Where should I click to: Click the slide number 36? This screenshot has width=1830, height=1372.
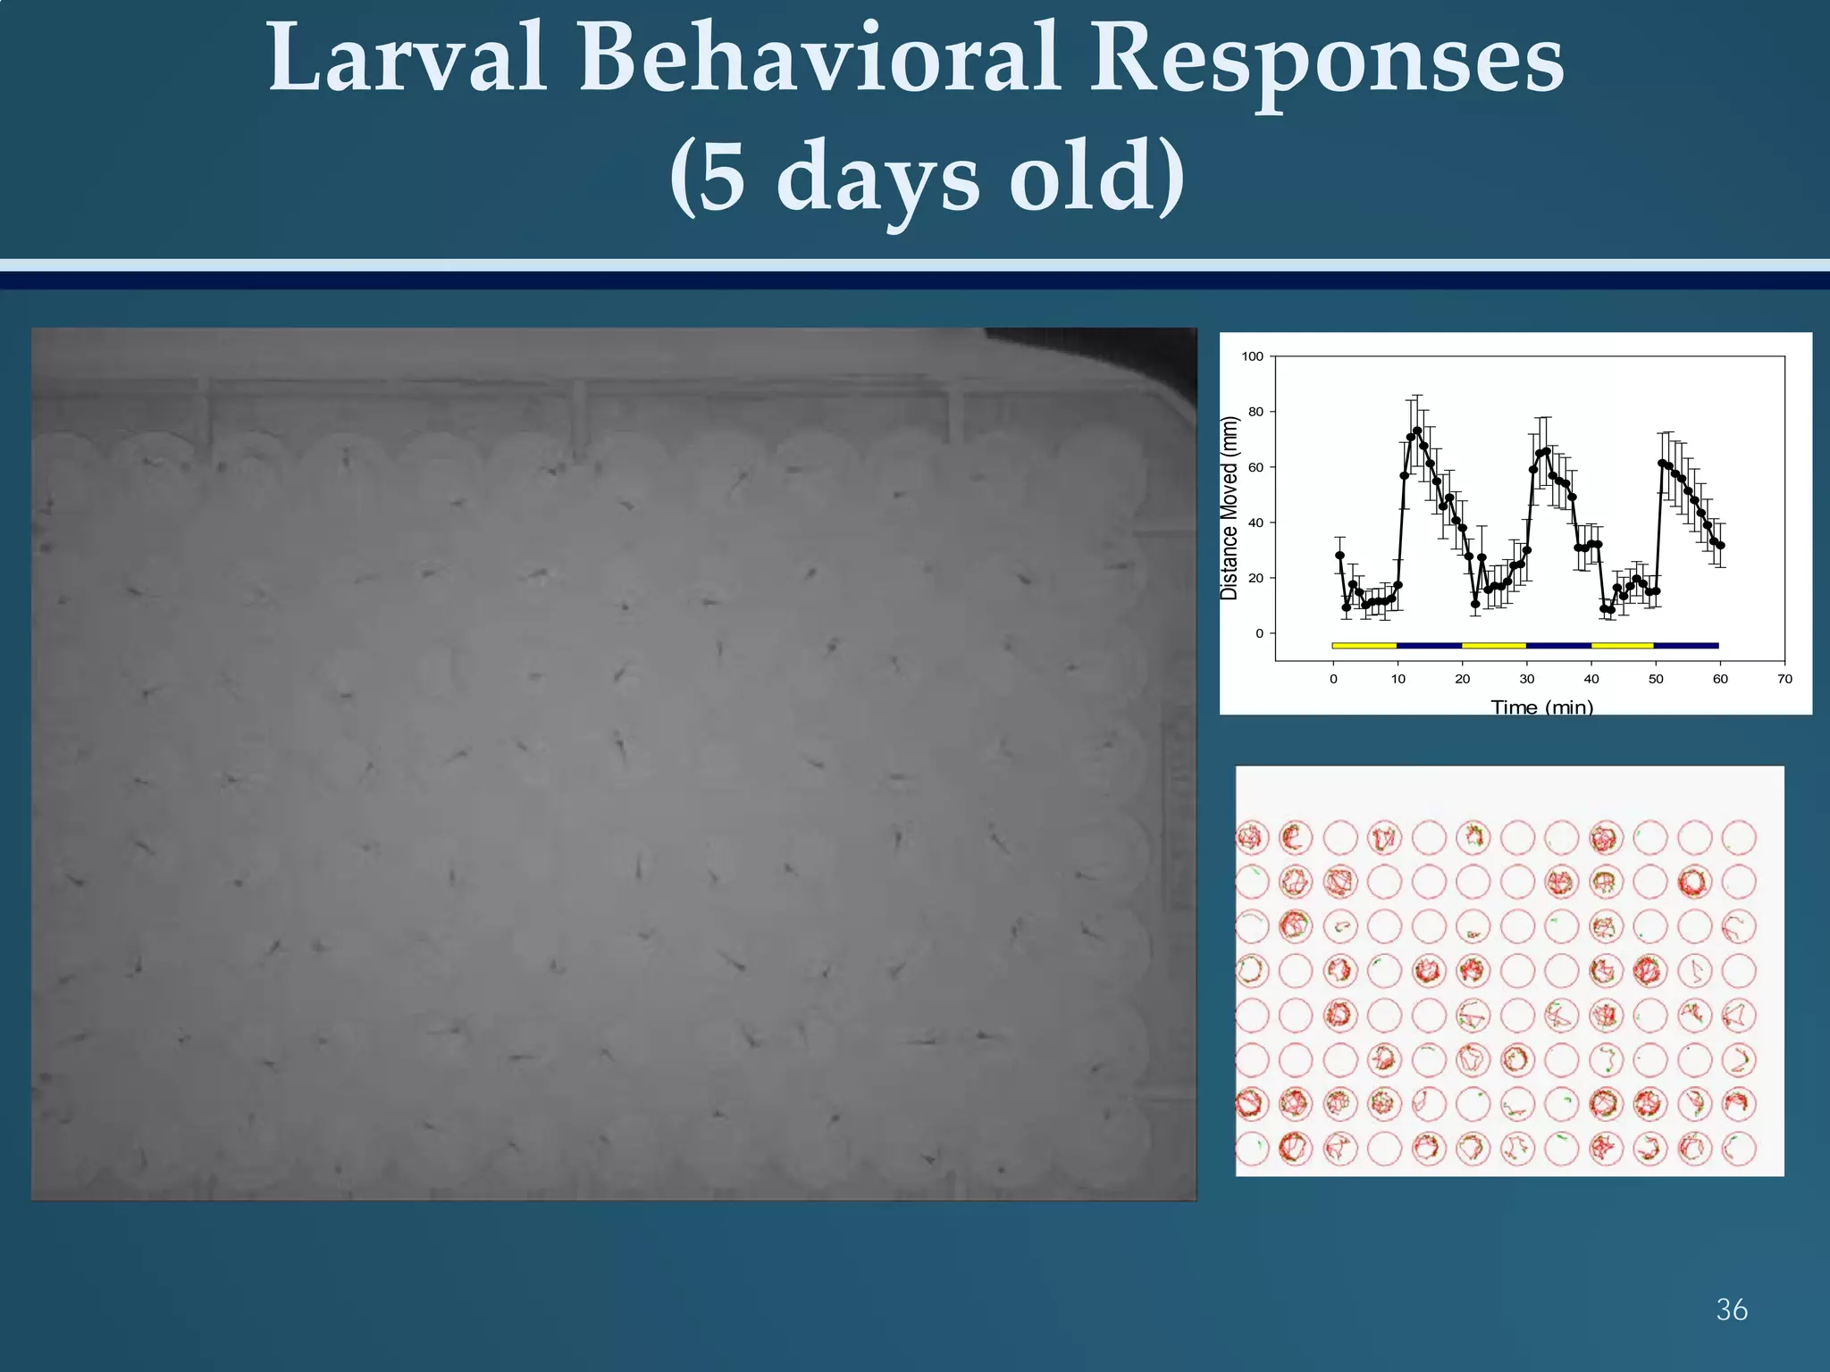coord(1732,1309)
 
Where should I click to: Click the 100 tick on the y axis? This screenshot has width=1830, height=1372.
coord(1253,356)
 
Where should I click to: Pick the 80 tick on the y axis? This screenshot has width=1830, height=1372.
coord(1255,412)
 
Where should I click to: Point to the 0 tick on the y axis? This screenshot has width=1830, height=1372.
coord(1259,633)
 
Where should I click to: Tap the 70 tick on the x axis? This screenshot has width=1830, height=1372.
coord(1784,679)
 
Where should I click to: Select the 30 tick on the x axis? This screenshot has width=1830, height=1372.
coord(1527,679)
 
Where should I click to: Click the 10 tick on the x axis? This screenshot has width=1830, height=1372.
coord(1398,679)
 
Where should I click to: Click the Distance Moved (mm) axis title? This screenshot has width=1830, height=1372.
coord(1230,508)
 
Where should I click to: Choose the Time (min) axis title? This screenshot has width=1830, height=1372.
coord(1542,707)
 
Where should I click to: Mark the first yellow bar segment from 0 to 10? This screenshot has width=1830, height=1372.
coord(1364,645)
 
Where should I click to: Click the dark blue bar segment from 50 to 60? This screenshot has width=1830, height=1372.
coord(1686,645)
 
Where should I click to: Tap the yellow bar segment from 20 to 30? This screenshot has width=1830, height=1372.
coord(1494,645)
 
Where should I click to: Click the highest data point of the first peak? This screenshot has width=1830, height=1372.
coord(1417,431)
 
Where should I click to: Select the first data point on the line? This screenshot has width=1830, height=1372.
coord(1339,556)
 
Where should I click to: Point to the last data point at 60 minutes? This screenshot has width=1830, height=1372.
coord(1721,545)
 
